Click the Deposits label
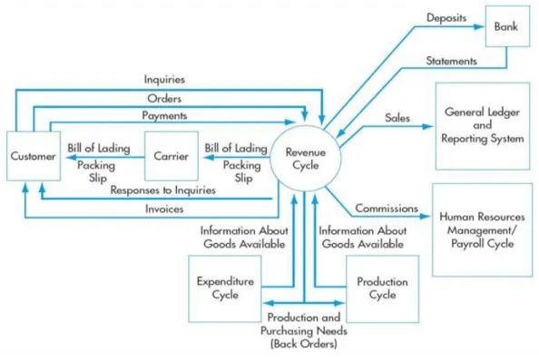click(x=446, y=17)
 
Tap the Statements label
click(x=451, y=61)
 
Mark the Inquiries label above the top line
click(x=164, y=80)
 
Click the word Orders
click(x=164, y=99)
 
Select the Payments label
click(x=164, y=116)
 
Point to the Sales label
click(x=397, y=118)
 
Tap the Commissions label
click(x=387, y=209)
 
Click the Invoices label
click(x=164, y=209)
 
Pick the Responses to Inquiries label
click(x=163, y=190)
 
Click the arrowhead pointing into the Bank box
click(x=479, y=26)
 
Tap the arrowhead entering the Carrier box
click(x=209, y=157)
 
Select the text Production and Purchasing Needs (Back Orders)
click(x=304, y=330)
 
